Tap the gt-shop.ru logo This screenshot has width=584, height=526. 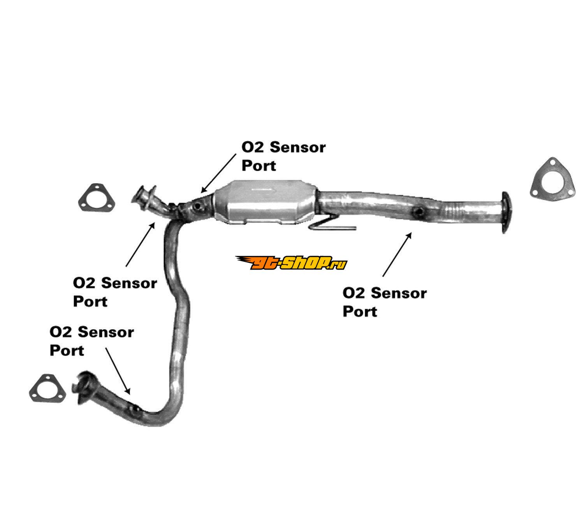coord(291,263)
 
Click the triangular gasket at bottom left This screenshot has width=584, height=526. coord(47,388)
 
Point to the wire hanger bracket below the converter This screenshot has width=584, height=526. coord(331,224)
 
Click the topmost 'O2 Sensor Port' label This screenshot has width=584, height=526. coord(283,156)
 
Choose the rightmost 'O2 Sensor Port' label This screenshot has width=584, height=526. coord(384,302)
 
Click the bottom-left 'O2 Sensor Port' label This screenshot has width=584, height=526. coord(91,341)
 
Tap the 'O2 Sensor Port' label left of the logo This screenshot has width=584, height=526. coord(115,292)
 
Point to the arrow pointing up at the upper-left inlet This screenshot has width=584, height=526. coord(141,244)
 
